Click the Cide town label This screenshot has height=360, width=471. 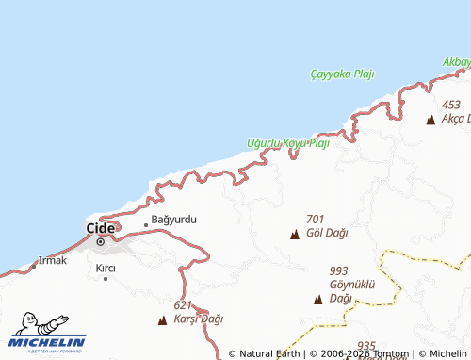[x=100, y=227]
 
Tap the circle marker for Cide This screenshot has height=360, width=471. [x=101, y=242]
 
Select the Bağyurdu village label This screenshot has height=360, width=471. [x=174, y=220]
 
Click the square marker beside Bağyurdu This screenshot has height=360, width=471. [x=146, y=224]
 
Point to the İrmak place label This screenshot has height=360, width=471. [x=53, y=260]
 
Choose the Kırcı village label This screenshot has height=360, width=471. [x=106, y=269]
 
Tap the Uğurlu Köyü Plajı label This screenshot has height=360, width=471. [x=287, y=143]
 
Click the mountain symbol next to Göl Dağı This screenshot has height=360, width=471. [x=295, y=234]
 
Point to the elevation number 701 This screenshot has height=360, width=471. [x=315, y=219]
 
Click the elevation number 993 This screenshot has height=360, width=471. [x=339, y=270]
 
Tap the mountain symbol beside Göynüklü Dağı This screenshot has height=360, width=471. [x=318, y=300]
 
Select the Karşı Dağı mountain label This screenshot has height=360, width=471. [x=199, y=319]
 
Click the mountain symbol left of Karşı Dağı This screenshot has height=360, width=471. [x=163, y=320]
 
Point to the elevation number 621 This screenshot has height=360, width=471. [x=183, y=305]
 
